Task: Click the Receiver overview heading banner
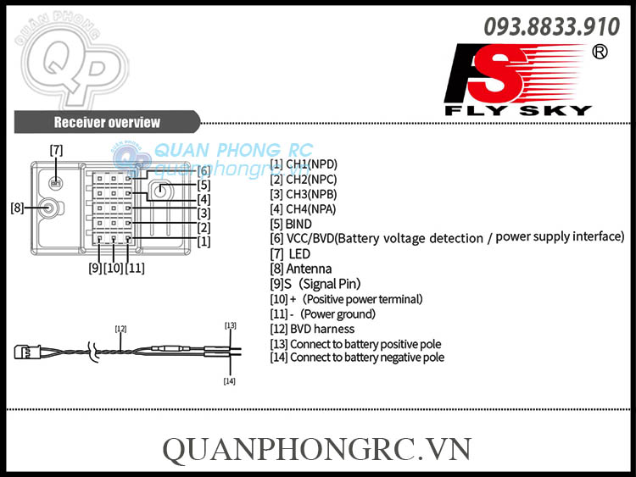(107, 122)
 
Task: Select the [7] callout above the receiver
(56, 150)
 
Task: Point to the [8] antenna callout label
(17, 207)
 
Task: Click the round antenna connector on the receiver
(49, 207)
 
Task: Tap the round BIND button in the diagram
(160, 190)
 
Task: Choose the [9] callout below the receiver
(94, 269)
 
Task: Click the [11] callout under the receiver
(135, 269)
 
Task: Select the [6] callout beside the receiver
(204, 171)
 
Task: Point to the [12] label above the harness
(120, 328)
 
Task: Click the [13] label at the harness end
(230, 325)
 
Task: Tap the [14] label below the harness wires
(229, 381)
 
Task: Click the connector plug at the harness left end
(23, 351)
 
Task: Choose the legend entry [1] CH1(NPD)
(303, 164)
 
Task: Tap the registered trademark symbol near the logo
(600, 53)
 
